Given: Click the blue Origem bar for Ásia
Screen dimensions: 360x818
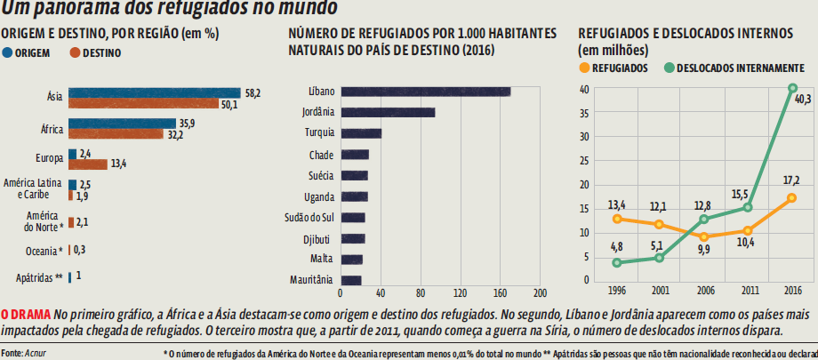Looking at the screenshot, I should tap(154, 92).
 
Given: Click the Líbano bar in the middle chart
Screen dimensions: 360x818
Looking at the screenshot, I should tap(426, 92).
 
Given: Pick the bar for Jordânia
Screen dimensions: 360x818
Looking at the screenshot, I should tap(389, 112).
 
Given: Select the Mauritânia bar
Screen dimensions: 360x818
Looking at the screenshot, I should tap(351, 280).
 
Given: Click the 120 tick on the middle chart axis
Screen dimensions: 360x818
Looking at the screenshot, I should tap(460, 293).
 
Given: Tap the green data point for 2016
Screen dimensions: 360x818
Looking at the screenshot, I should tap(792, 88).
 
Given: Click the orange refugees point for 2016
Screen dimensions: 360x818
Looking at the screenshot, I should tap(792, 198).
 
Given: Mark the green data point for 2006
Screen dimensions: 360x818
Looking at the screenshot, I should tap(704, 219).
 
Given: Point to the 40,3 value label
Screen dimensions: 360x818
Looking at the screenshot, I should tap(803, 99).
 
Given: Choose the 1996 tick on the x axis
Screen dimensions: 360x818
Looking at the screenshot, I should tap(615, 291).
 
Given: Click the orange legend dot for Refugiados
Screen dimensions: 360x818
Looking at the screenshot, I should tap(583, 68).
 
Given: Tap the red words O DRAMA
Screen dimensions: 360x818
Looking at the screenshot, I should tap(25, 315).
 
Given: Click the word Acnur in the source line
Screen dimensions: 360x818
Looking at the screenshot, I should tap(38, 353).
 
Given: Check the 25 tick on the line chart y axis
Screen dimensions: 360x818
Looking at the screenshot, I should tap(584, 161).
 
